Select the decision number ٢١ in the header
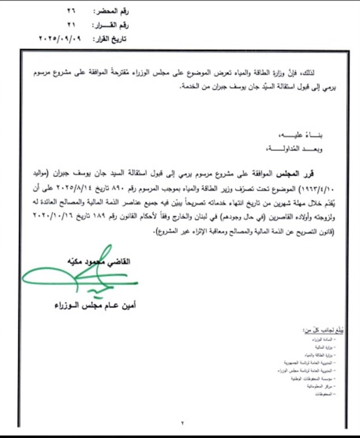pos(71,24)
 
